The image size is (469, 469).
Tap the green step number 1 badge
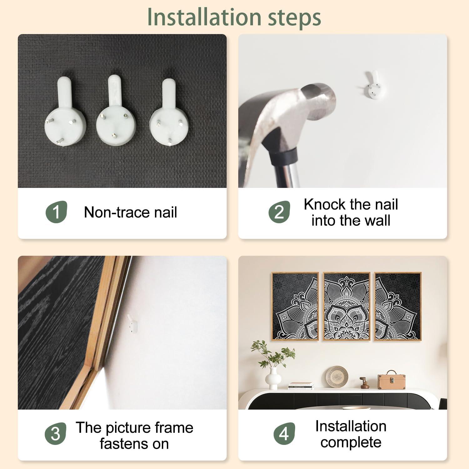click(57, 212)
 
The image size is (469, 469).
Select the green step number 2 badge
click(279, 212)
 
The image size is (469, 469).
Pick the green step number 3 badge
click(55, 434)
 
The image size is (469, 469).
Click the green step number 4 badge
click(284, 434)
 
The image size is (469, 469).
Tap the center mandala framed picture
click(346, 306)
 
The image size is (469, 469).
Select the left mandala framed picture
click(295, 306)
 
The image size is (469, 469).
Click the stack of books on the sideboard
click(301, 386)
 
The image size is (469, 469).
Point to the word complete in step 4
click(351, 442)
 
